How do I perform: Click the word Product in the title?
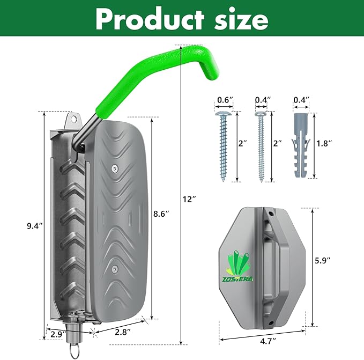click(150, 19)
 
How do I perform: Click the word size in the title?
click(241, 19)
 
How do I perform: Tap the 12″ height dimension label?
click(189, 199)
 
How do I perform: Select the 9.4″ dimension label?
click(35, 226)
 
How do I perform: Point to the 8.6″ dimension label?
click(161, 214)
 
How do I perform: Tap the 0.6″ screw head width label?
click(225, 100)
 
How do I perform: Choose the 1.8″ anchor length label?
click(324, 143)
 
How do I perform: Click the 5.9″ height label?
click(322, 261)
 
